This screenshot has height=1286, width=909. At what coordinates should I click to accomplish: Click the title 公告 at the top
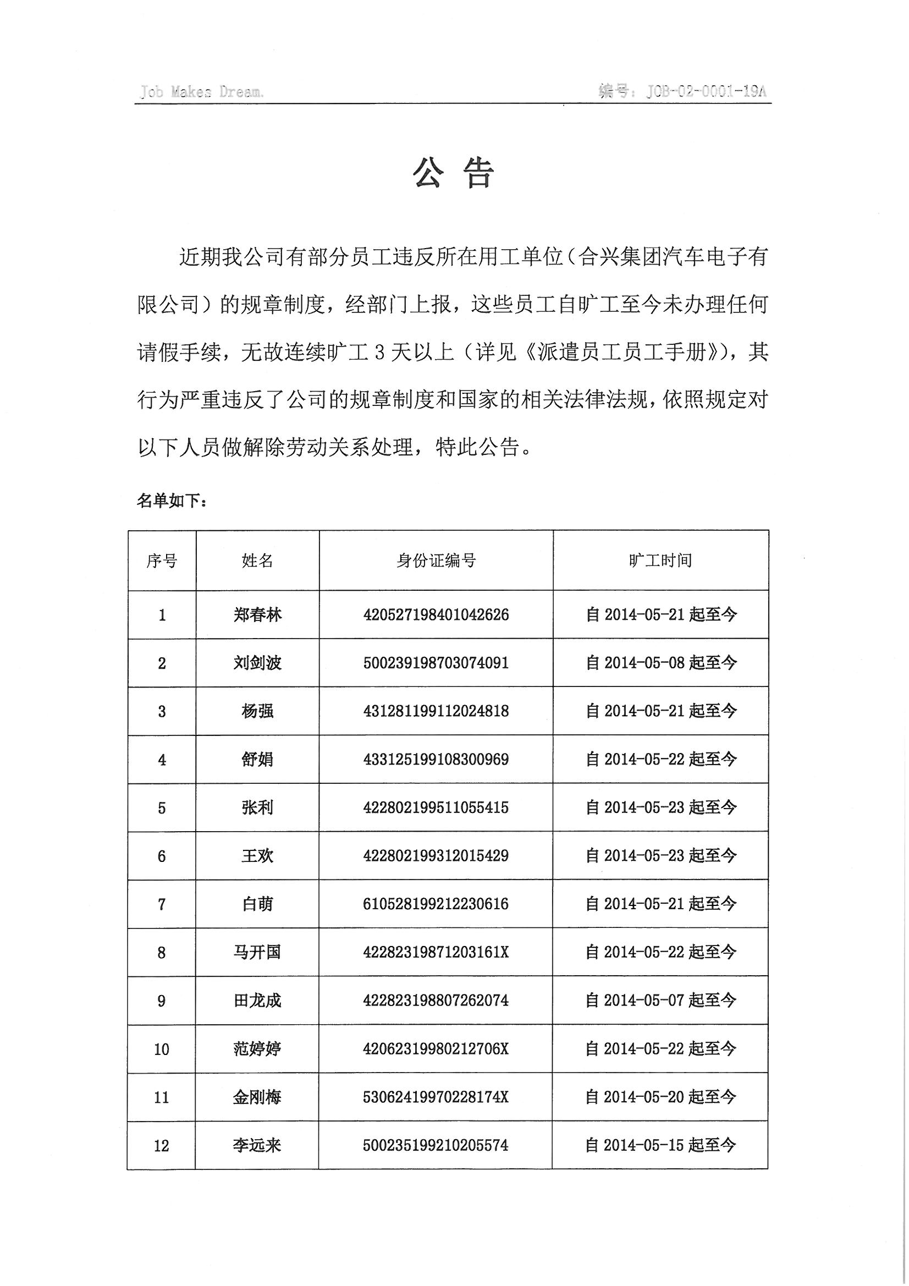pyautogui.click(x=454, y=173)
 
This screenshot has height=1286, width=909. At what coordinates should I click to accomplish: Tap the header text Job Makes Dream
pyautogui.click(x=202, y=92)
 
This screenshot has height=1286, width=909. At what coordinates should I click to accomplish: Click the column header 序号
pyautogui.click(x=162, y=560)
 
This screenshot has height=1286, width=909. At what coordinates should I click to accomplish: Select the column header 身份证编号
pyautogui.click(x=436, y=560)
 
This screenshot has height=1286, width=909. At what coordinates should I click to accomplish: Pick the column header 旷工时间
pyautogui.click(x=660, y=560)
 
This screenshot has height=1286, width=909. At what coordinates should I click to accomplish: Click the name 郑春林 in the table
pyautogui.click(x=258, y=615)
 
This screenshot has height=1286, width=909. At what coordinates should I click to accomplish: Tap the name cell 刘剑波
pyautogui.click(x=258, y=663)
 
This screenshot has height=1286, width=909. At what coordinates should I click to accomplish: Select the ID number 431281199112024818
pyautogui.click(x=436, y=711)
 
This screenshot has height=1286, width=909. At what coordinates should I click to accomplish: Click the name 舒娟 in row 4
pyautogui.click(x=258, y=760)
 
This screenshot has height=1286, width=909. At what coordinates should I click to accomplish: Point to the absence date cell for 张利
pyautogui.click(x=660, y=807)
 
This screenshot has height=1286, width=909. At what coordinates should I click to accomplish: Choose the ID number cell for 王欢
pyautogui.click(x=436, y=856)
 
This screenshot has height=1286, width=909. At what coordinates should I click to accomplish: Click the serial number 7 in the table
pyautogui.click(x=162, y=904)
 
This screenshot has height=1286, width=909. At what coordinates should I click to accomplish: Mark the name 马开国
pyautogui.click(x=258, y=952)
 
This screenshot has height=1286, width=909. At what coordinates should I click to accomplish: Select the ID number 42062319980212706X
pyautogui.click(x=436, y=1048)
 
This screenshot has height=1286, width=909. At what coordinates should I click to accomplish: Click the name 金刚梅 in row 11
pyautogui.click(x=258, y=1097)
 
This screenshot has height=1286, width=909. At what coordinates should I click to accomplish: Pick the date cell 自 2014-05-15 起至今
pyautogui.click(x=660, y=1145)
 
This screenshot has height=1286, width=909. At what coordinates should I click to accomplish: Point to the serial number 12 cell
pyautogui.click(x=162, y=1145)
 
